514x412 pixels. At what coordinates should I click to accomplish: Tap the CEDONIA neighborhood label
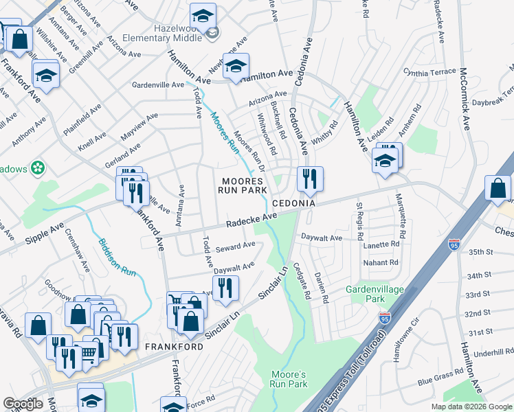click(293, 204)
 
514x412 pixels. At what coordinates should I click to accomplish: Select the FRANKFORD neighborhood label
click(174, 347)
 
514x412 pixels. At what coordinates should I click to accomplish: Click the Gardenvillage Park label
click(375, 294)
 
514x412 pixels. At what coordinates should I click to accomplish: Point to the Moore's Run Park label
click(289, 379)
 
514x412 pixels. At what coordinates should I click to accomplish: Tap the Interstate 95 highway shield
click(454, 244)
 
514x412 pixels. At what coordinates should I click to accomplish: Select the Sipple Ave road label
click(44, 233)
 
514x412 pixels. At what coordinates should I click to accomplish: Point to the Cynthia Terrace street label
click(429, 72)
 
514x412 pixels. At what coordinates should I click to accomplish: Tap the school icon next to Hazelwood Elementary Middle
click(203, 14)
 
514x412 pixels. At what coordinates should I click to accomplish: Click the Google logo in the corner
click(23, 403)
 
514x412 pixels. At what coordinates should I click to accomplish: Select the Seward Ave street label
click(235, 247)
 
